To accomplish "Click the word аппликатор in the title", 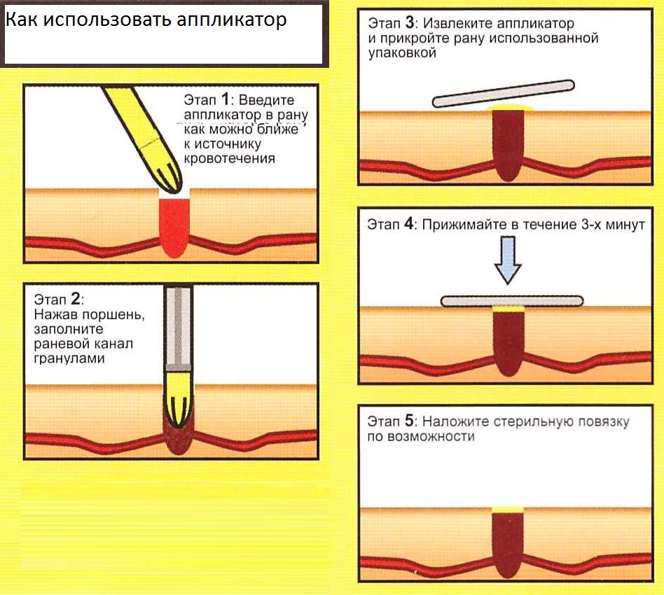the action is [231, 20].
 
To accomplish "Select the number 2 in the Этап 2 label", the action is [76, 299].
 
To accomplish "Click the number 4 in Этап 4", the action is [409, 223].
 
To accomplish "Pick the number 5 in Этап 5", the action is [409, 421].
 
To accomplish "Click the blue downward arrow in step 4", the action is [508, 260].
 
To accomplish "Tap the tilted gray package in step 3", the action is [503, 93].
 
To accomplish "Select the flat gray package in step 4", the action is [512, 301].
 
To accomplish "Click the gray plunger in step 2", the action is [179, 328].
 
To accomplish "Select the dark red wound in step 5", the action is [508, 544].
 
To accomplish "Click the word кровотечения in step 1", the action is [230, 158].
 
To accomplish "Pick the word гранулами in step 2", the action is [69, 358].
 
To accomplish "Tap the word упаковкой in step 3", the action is [402, 53].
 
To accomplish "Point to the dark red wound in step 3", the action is [509, 145].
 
